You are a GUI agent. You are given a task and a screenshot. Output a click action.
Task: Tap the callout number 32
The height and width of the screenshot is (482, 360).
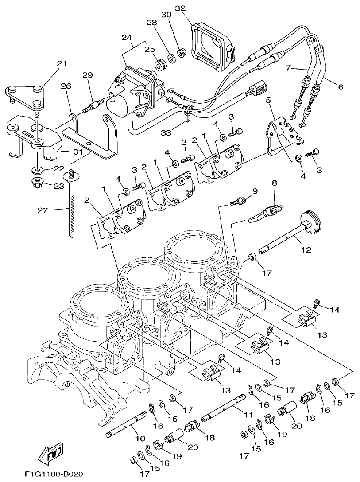coord(180,8)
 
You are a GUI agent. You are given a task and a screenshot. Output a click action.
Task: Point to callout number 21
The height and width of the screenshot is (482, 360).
coord(61,64)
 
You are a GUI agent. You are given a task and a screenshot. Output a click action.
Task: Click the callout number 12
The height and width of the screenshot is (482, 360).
coord(306,249)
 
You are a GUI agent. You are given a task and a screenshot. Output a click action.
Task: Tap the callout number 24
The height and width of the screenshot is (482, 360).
coord(127,38)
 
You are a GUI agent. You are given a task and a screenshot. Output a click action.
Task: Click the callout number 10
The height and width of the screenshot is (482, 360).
coord(140,438)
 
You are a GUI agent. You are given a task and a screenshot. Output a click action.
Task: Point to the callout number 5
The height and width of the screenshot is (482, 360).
coord(268,101)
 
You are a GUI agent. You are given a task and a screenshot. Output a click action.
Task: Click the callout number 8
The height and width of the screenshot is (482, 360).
coord(274,182)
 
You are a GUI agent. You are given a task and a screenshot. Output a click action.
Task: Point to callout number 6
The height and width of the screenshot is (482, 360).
coord(340,87)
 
